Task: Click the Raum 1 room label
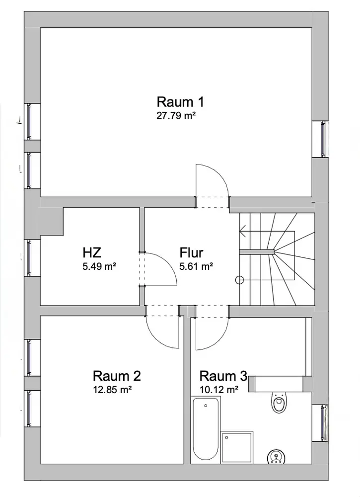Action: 180,102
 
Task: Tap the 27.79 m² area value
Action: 176,116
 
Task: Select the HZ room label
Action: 92,252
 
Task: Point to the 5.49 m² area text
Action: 99,266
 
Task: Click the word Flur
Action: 191,252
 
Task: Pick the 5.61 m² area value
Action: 196,266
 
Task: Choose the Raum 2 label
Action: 117,376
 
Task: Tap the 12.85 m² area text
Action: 112,390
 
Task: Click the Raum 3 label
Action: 223,376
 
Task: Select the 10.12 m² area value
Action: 219,390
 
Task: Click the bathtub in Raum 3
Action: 206,429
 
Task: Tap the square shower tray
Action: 237,447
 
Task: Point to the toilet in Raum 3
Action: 279,403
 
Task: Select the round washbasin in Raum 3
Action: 276,456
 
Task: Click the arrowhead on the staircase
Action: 243,231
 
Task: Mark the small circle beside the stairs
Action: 240,280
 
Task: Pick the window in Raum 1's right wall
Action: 323,139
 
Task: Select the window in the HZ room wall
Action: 29,257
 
